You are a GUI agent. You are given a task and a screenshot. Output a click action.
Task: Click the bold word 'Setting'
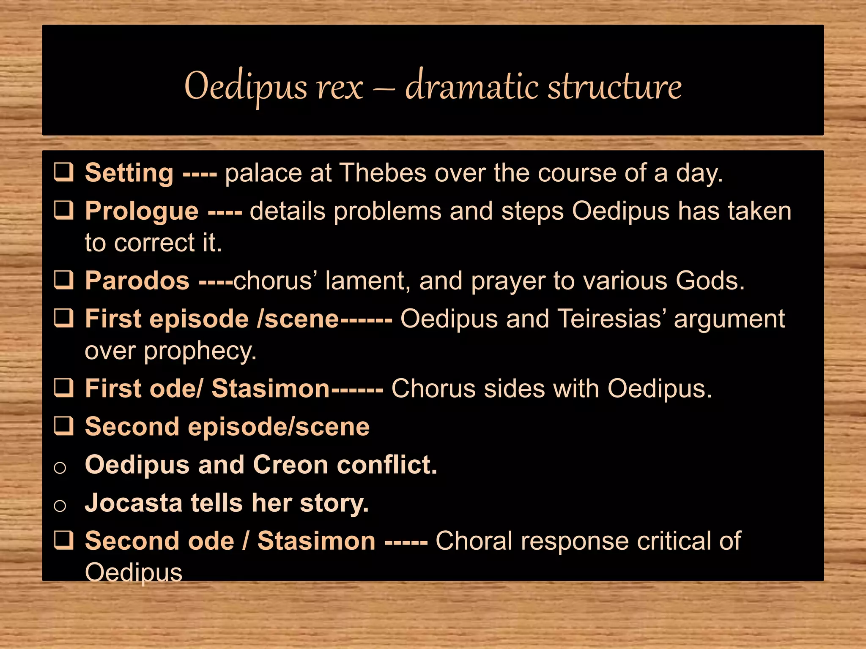(129, 173)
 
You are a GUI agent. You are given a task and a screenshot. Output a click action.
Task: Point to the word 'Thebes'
(383, 173)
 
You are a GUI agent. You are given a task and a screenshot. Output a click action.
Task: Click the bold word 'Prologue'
(142, 211)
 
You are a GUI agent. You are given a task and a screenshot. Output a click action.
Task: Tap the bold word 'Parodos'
(137, 281)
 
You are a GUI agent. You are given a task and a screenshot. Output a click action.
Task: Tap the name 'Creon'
(290, 465)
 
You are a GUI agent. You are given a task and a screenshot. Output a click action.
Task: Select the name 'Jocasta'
(134, 503)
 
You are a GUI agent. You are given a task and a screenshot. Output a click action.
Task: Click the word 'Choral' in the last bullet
(474, 541)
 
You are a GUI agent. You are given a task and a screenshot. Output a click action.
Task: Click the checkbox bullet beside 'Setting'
(64, 172)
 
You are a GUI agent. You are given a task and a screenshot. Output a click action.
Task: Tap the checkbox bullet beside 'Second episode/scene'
(64, 426)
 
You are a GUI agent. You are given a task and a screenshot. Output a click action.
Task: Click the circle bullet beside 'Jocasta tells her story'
(60, 505)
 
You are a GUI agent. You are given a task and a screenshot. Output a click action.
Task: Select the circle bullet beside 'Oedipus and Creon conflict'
(60, 467)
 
